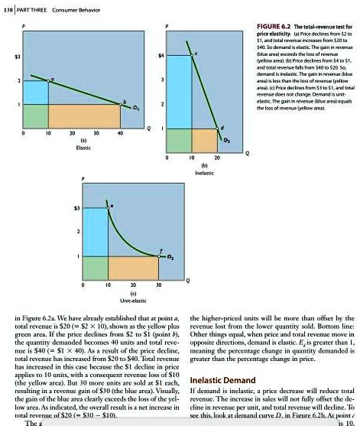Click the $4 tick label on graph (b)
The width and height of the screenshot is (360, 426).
[x=160, y=56]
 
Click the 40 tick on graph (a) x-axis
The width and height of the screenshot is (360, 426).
[x=119, y=133]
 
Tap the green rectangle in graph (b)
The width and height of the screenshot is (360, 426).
[x=178, y=140]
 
